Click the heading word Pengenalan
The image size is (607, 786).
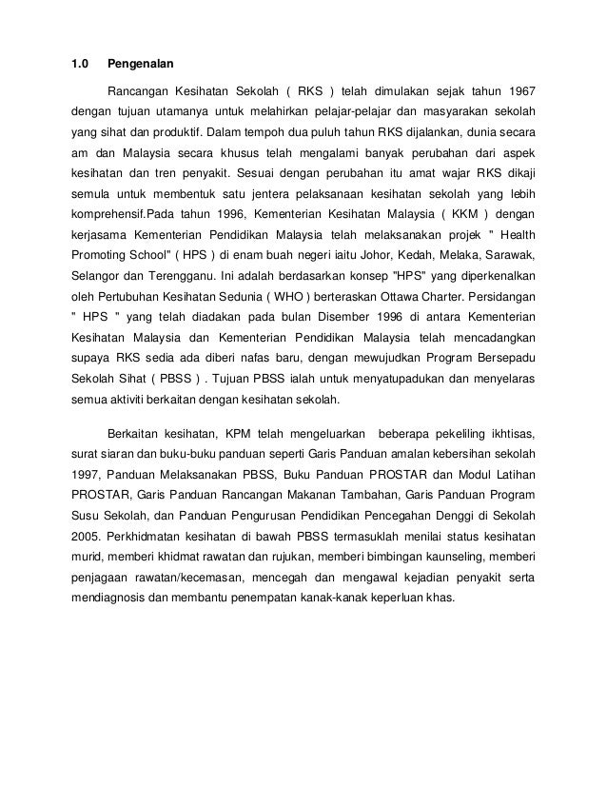(x=140, y=66)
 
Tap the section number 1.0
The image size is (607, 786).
(x=81, y=66)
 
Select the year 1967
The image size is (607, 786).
(x=519, y=91)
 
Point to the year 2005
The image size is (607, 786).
(x=88, y=537)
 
